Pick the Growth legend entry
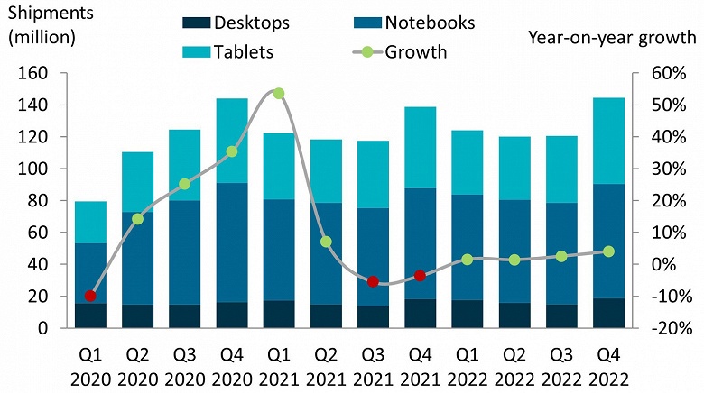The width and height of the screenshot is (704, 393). tap(415, 52)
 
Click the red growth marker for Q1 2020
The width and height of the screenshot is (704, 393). tap(90, 296)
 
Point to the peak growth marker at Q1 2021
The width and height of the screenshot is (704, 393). tap(279, 94)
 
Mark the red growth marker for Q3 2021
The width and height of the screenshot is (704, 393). tap(373, 281)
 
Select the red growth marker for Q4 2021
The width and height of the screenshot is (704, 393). tap(420, 275)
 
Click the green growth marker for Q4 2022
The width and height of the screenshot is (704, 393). tap(608, 251)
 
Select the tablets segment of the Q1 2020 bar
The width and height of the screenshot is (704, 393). tap(90, 222)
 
